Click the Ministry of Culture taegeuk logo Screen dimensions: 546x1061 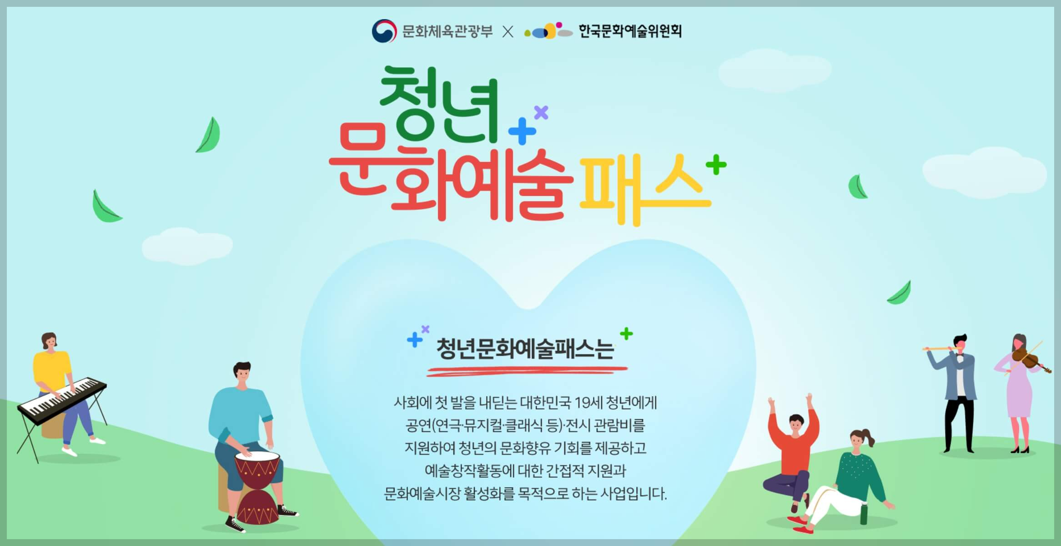click(x=384, y=31)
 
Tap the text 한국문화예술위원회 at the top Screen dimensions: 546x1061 click(x=630, y=31)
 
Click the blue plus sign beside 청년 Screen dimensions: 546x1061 click(x=522, y=131)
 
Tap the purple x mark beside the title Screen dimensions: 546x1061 click(x=541, y=112)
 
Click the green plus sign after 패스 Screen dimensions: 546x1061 click(x=716, y=165)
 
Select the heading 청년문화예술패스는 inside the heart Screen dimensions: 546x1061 click(x=525, y=349)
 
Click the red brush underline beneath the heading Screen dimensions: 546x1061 click(x=527, y=371)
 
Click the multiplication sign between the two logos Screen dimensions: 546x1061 click(x=508, y=31)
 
